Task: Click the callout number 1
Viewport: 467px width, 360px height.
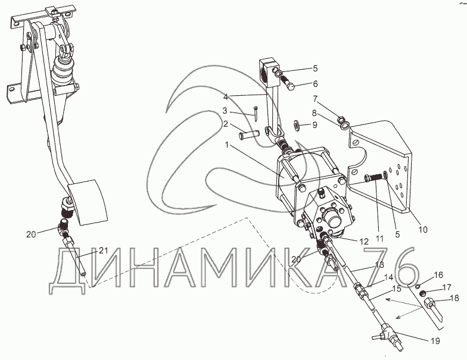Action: (228, 145)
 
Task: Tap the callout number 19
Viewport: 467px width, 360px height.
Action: (435, 341)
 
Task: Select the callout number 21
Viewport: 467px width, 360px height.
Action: (103, 251)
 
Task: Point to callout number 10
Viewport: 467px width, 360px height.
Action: (423, 230)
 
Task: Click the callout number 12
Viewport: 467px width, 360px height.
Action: (364, 242)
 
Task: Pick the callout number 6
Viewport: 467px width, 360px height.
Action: (315, 84)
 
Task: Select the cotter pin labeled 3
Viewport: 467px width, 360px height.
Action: (256, 114)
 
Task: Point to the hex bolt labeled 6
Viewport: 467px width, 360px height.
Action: (287, 81)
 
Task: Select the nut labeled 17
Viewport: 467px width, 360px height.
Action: (422, 294)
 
